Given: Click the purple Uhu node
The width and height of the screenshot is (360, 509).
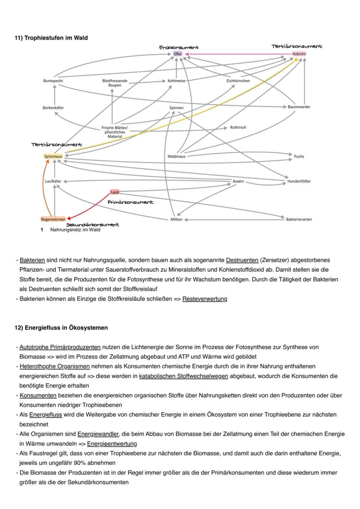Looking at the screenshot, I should [x=177, y=54].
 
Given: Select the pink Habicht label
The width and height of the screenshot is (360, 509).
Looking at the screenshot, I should [x=299, y=54].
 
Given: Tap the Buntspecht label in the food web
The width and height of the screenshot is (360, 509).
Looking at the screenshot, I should [x=53, y=81].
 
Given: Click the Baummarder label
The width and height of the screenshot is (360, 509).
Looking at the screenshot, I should [x=299, y=107].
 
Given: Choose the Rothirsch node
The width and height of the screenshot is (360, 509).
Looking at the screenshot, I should [x=238, y=128].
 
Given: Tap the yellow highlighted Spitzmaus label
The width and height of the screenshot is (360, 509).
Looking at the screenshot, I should [x=53, y=156].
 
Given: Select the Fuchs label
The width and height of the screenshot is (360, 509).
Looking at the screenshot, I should [x=299, y=156].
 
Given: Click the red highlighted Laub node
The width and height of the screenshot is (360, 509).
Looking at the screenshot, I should [x=114, y=192].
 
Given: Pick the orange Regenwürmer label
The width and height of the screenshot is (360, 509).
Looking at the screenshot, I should [x=53, y=220].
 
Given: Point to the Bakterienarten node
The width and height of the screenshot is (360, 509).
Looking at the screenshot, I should [x=299, y=220].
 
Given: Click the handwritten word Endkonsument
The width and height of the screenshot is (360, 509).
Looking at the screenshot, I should [x=179, y=47].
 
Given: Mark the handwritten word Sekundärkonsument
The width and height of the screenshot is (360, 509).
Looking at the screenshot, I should [x=93, y=225].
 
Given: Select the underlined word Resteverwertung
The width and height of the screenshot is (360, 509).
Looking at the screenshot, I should [x=204, y=299].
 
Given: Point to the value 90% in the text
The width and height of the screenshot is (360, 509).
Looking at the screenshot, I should [x=108, y=463].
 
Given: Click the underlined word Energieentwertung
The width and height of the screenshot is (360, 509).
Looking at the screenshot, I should [x=112, y=444].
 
